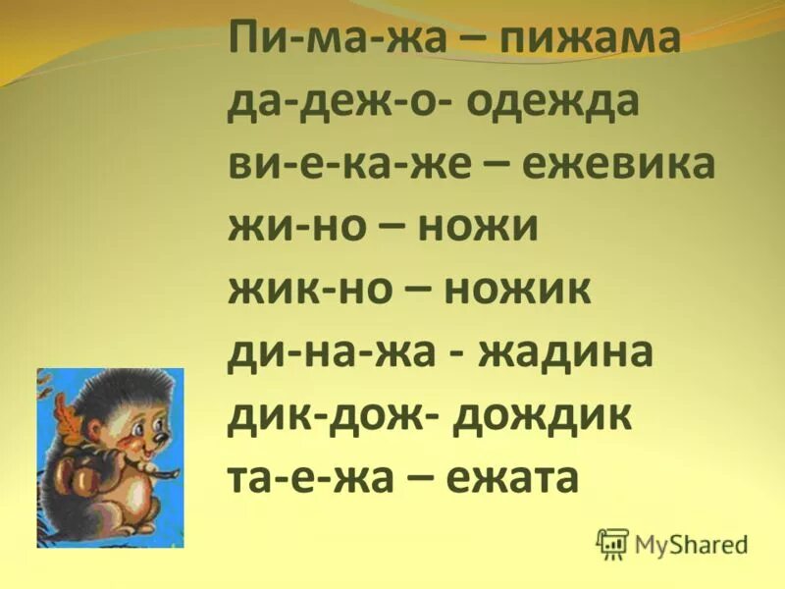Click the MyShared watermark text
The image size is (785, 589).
[x=691, y=542]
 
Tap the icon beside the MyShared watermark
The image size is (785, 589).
[x=611, y=542]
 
